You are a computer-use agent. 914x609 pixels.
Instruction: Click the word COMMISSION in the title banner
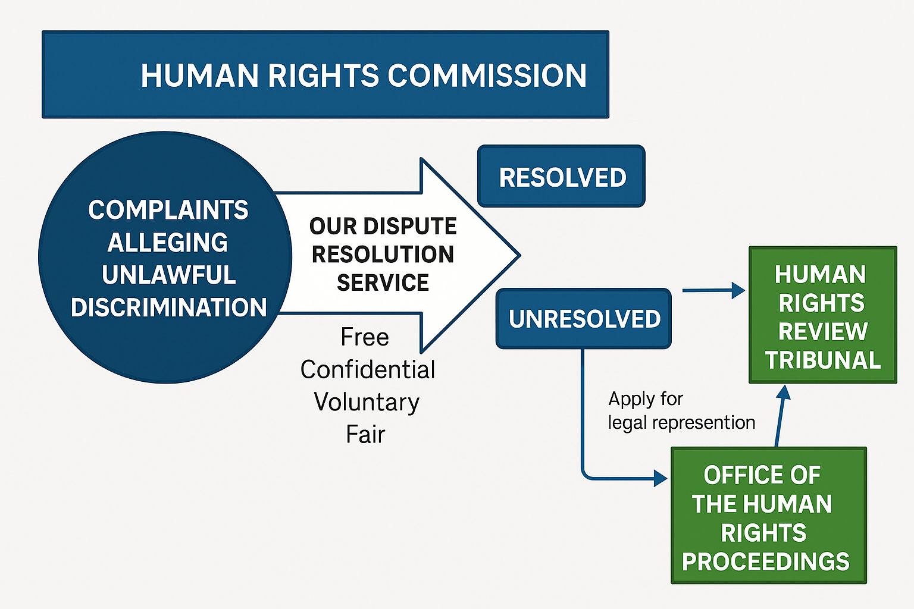tap(487, 76)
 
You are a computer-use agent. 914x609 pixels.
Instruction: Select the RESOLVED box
tap(561, 177)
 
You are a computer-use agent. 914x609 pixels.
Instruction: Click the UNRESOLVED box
tap(584, 319)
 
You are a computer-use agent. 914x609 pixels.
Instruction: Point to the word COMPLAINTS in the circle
tap(168, 210)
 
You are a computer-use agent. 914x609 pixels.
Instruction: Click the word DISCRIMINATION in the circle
tap(168, 307)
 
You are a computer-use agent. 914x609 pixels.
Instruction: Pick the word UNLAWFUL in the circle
tap(168, 275)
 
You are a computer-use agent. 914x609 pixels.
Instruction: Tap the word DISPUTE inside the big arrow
tap(410, 226)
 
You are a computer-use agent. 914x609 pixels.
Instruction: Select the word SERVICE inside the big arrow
tap(383, 282)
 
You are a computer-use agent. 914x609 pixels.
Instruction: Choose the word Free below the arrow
tap(365, 337)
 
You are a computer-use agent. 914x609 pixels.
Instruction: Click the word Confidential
tap(368, 369)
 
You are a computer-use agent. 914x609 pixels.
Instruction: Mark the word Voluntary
tap(367, 402)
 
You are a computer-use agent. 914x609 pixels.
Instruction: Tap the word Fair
tap(365, 434)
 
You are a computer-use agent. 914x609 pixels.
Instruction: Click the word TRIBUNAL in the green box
tap(823, 360)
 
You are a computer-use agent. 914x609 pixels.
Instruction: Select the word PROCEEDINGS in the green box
tap(766, 561)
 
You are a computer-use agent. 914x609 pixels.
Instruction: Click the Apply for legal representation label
tap(681, 410)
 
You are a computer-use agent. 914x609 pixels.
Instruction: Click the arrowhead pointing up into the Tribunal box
tap(784, 392)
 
